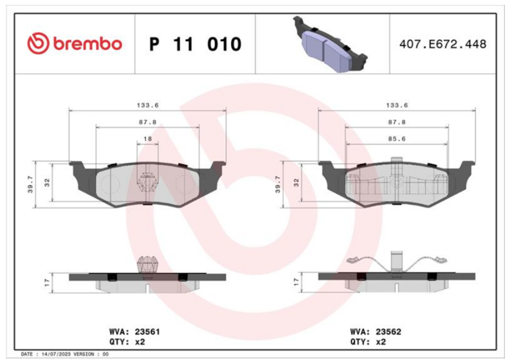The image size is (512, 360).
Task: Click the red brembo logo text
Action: point(88,44)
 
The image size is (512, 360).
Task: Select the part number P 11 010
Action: point(195,44)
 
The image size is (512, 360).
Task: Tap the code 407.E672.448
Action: point(443,44)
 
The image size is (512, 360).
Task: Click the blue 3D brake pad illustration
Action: point(330,44)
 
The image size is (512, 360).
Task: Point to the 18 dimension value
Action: point(148,139)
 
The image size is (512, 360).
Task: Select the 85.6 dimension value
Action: point(397,139)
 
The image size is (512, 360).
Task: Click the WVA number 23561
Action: point(148,332)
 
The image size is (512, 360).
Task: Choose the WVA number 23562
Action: point(388,332)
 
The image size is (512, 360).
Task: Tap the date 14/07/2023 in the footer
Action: point(56,354)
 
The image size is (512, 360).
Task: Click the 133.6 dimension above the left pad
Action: point(148,105)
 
